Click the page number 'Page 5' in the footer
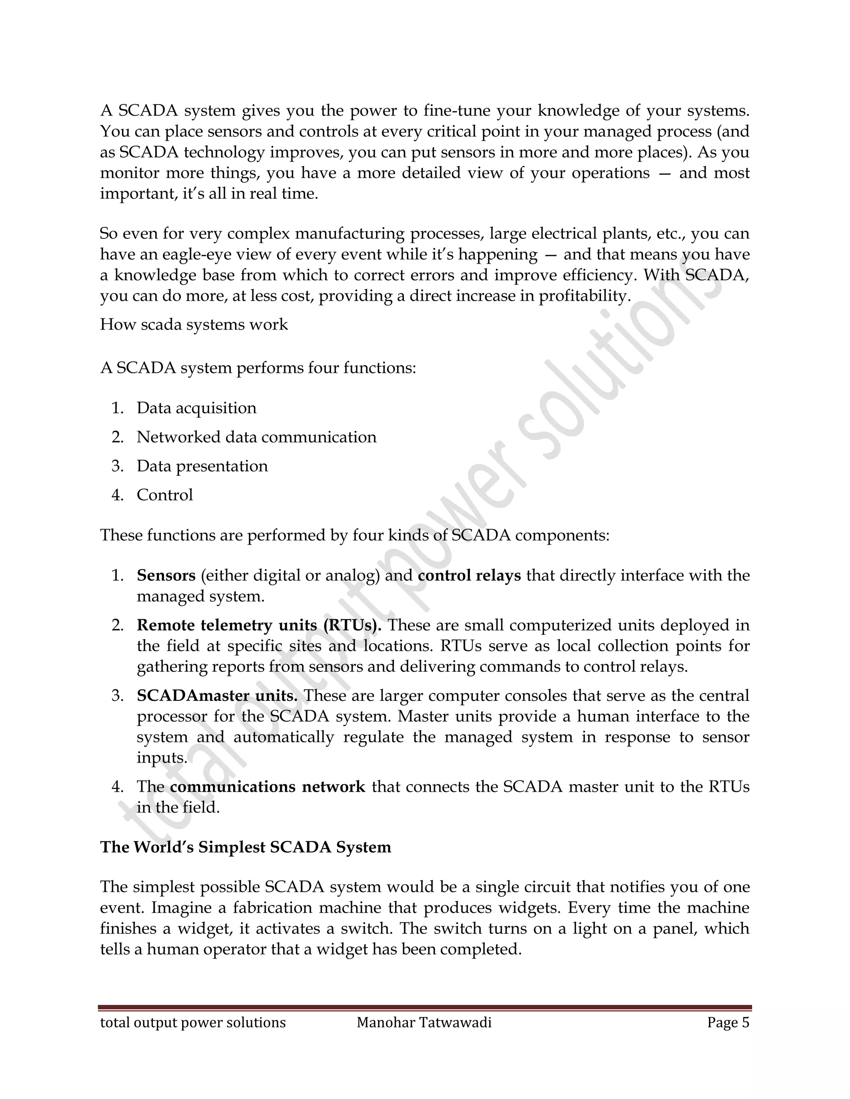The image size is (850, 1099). tap(728, 1023)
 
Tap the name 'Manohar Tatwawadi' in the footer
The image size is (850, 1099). tap(424, 1023)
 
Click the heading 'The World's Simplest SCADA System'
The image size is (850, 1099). tap(245, 847)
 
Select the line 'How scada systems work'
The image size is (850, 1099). tap(194, 325)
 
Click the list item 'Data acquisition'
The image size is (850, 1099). tap(196, 408)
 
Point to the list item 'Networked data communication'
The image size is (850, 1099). tap(256, 437)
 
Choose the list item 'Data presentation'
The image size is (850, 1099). tap(202, 466)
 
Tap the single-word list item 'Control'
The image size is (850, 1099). tap(165, 495)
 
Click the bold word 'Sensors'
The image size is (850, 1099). tap(166, 575)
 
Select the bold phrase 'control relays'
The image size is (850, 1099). tap(469, 575)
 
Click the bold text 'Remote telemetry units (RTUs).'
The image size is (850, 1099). tap(259, 625)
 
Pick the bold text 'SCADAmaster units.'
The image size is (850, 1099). tap(217, 695)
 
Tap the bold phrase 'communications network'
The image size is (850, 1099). tap(267, 786)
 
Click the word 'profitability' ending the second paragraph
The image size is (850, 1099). tap(584, 296)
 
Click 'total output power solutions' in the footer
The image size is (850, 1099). tap(193, 1023)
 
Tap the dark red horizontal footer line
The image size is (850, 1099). tap(425, 1008)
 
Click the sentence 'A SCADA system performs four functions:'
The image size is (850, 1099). tap(258, 368)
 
